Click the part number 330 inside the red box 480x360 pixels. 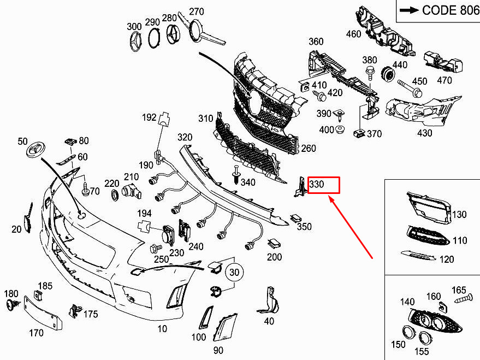[x=317, y=184]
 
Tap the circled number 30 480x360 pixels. [x=234, y=272]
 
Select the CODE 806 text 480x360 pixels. [x=451, y=10]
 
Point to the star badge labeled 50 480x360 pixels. [x=36, y=150]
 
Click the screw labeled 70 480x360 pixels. [x=85, y=190]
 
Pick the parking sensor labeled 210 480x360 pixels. [x=132, y=191]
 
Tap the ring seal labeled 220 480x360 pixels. [x=115, y=196]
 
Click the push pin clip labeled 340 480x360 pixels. [x=236, y=175]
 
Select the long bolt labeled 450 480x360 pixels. [x=410, y=87]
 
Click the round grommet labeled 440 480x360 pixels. [x=388, y=74]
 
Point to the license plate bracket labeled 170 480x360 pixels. [x=43, y=313]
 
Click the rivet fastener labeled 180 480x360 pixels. [x=13, y=305]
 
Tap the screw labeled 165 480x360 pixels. [x=464, y=299]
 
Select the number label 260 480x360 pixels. [x=309, y=148]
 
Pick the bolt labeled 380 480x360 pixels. [x=370, y=73]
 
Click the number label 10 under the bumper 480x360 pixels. [x=162, y=329]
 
